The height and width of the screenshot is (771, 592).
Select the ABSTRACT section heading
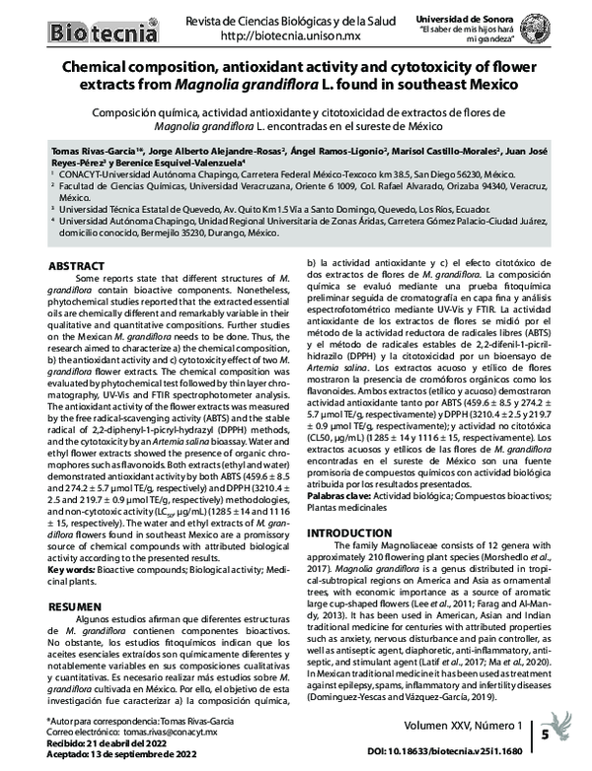(x=76, y=266)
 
